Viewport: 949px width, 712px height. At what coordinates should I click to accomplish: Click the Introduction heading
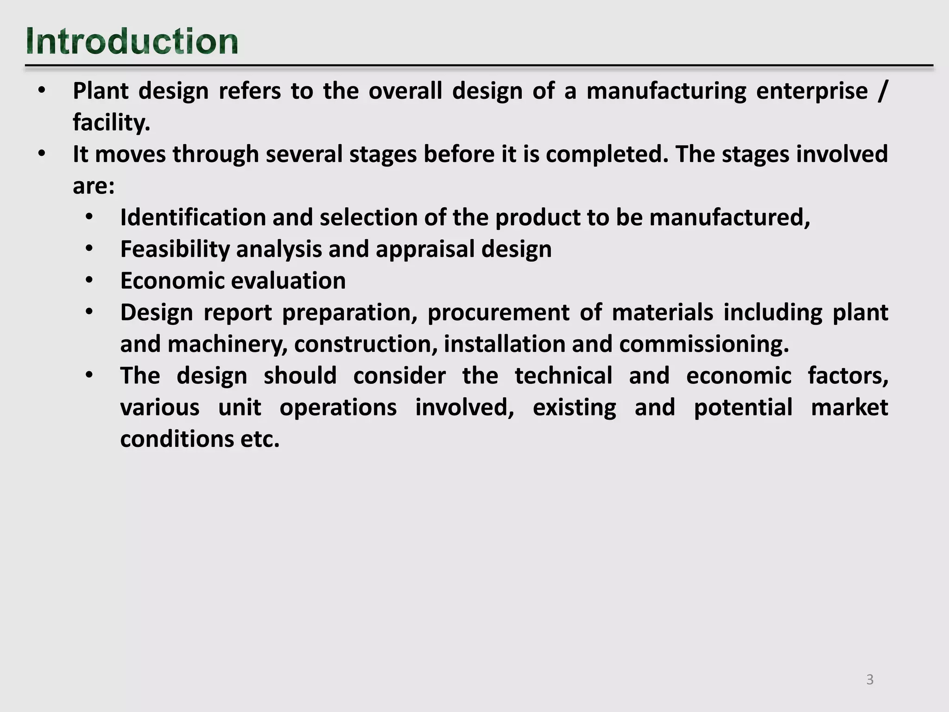click(x=132, y=42)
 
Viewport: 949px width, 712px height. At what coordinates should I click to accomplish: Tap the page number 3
click(x=870, y=680)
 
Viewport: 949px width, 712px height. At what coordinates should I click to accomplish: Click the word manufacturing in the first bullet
click(x=666, y=91)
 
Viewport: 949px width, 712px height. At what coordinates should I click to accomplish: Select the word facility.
click(x=111, y=123)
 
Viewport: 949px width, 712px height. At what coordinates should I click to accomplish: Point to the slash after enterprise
click(x=881, y=91)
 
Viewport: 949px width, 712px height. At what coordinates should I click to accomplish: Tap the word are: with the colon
click(x=94, y=186)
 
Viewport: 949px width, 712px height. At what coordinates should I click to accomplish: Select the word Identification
click(x=192, y=217)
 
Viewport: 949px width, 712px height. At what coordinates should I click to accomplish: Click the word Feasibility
click(x=175, y=249)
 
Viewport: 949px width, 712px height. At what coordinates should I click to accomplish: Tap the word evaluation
click(x=288, y=281)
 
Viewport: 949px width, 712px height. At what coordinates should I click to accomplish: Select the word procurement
click(x=498, y=313)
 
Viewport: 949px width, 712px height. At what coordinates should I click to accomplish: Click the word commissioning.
click(x=704, y=344)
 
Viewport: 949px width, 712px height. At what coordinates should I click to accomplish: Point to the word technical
click(x=563, y=376)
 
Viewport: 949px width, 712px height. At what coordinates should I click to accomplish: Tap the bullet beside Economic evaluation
click(x=89, y=281)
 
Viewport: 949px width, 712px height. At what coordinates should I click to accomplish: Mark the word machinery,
click(x=228, y=344)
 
